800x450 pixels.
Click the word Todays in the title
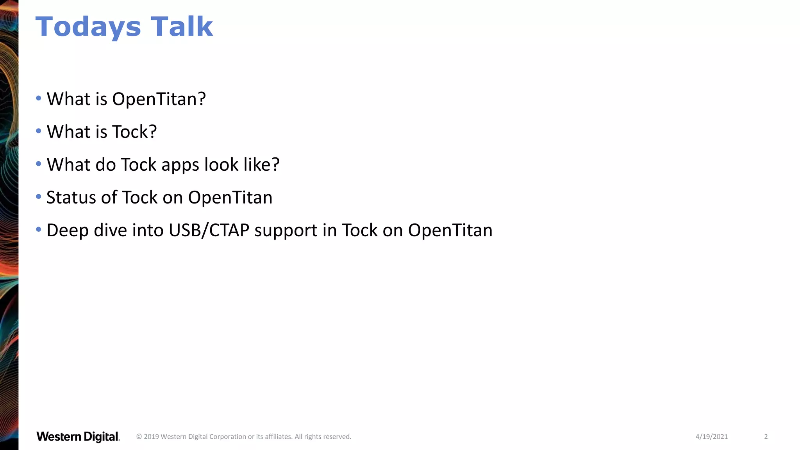click(88, 27)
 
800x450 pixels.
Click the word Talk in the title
click(182, 27)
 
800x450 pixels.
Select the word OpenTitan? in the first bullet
click(159, 99)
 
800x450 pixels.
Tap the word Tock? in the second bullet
click(134, 132)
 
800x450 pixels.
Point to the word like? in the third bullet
click(261, 165)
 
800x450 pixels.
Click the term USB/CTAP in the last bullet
click(209, 230)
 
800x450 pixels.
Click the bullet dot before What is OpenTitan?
click(38, 98)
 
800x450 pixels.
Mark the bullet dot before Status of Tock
click(38, 196)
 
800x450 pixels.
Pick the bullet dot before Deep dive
click(38, 229)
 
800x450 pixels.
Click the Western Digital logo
click(78, 437)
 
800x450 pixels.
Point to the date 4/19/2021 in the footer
click(711, 437)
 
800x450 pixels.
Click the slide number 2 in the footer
click(766, 437)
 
